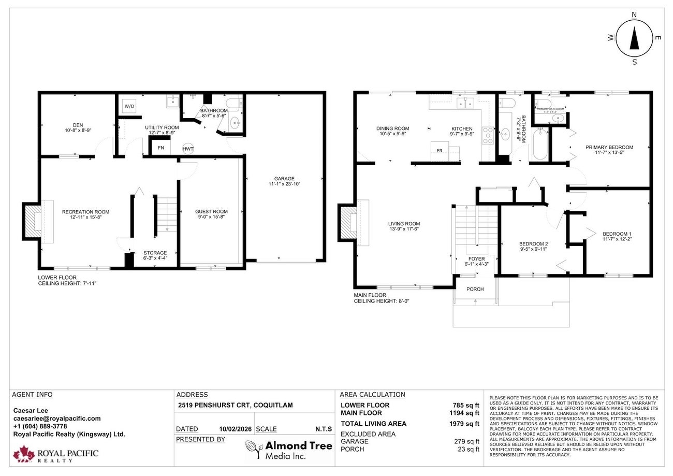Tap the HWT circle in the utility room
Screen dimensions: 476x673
click(x=188, y=149)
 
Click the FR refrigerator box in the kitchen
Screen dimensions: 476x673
click(x=440, y=151)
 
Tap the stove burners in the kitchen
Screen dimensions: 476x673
click(x=488, y=135)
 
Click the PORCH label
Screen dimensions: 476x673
click(x=475, y=289)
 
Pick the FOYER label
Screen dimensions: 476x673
click(x=476, y=259)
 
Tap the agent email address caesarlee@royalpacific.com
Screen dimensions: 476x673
click(x=57, y=419)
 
